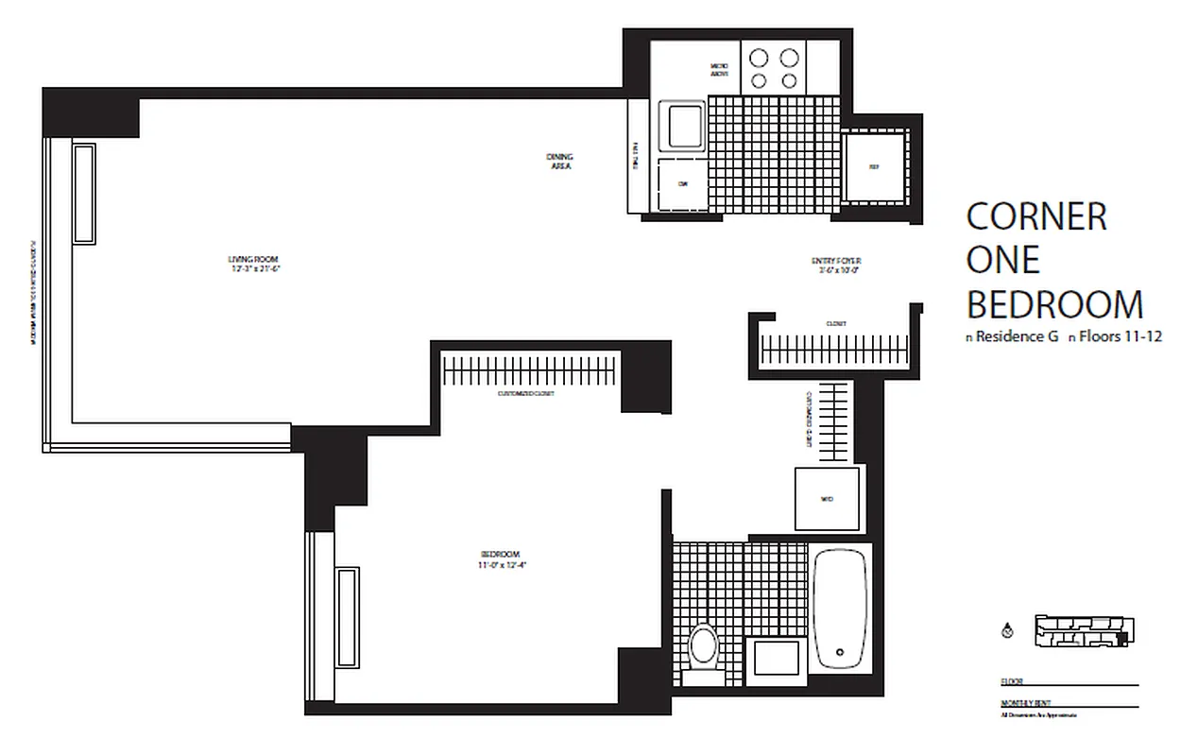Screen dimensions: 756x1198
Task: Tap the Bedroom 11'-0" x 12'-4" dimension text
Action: tap(500, 566)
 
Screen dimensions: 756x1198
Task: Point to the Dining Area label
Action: tap(560, 161)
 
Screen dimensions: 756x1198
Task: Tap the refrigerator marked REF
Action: tap(874, 168)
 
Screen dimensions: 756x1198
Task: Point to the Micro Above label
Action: tap(719, 71)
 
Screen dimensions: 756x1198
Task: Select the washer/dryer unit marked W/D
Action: tap(827, 499)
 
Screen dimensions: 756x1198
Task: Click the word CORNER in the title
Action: tap(1036, 216)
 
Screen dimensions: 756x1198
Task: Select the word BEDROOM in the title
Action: tap(1054, 304)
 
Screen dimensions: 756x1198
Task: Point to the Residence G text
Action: tap(1017, 335)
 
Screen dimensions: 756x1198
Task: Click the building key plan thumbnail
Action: tap(1084, 631)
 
